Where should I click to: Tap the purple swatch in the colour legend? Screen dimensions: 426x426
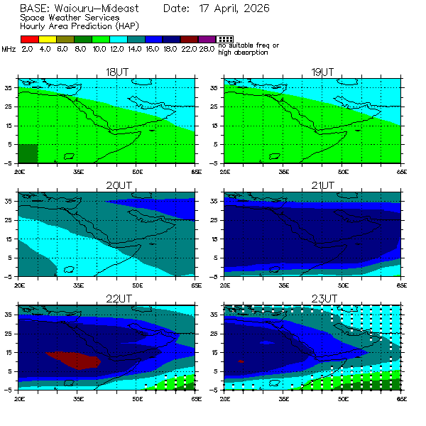point(207,40)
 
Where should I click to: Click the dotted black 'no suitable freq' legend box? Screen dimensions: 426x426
point(224,40)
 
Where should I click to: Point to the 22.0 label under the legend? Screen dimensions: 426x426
point(188,49)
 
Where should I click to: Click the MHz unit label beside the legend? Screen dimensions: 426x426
point(9,49)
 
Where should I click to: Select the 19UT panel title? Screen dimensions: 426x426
point(322,72)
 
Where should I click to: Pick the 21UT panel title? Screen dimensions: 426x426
point(322,186)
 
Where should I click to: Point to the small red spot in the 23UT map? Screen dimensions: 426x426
point(241,361)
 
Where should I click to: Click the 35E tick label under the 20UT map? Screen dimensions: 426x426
point(77,285)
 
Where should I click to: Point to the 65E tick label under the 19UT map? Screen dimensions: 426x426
point(401,171)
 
